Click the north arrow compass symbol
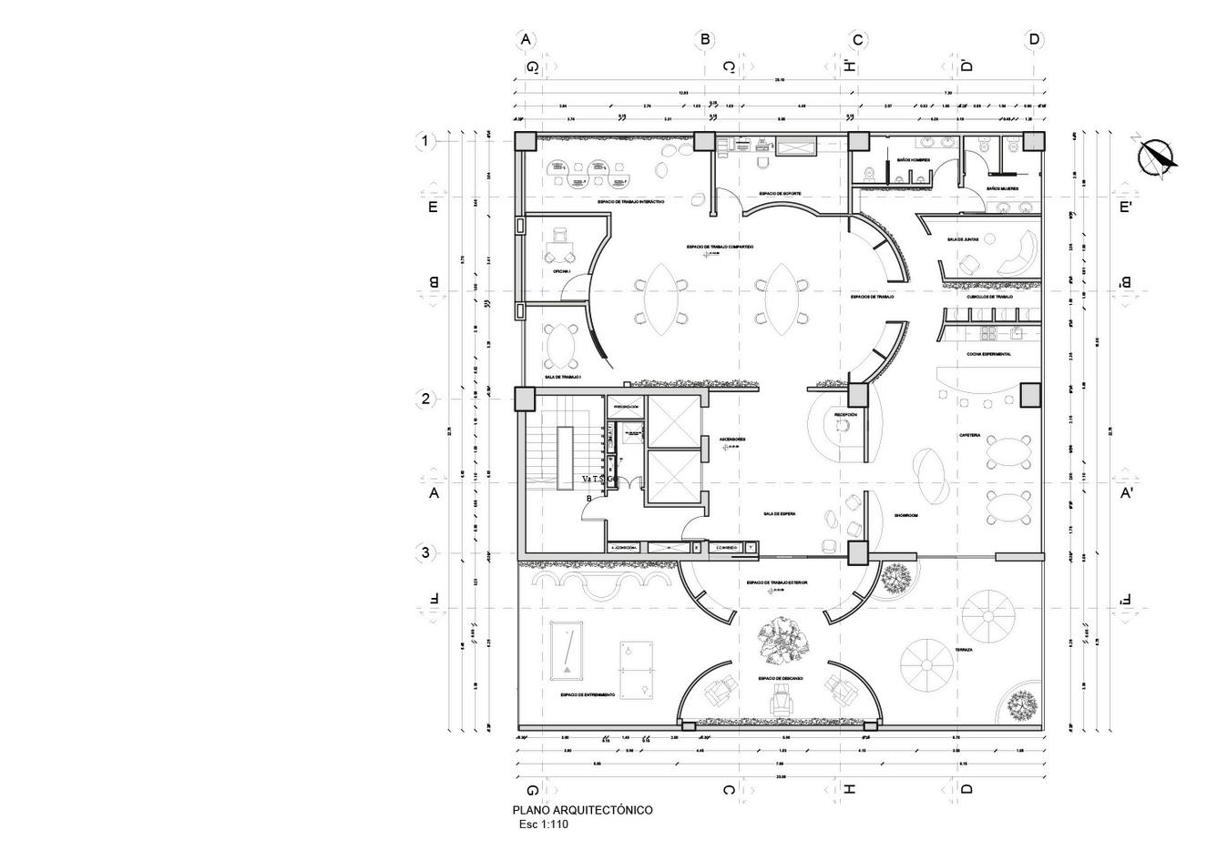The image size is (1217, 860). point(1159,157)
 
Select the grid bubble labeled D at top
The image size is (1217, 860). point(1034,39)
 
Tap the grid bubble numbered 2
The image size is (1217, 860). point(424,399)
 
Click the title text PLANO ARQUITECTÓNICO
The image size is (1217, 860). point(582,810)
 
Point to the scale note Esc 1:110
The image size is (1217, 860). point(543,825)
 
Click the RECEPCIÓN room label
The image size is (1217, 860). point(845,415)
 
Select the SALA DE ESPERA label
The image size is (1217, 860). point(780,514)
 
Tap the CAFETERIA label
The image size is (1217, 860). point(969,436)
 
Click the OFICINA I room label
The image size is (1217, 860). point(562,271)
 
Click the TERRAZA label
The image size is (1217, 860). point(964,650)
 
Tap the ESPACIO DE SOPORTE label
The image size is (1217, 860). point(780,194)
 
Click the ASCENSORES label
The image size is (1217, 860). point(732,440)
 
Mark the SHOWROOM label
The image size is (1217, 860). point(905,515)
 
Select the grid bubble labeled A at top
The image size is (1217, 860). point(525,39)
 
